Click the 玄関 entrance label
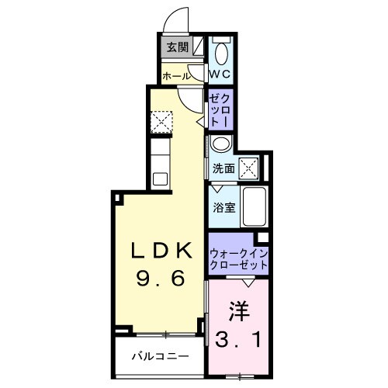177,47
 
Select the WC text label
220,74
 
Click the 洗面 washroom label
224,168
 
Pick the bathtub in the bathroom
254,207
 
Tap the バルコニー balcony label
159,358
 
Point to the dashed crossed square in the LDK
161,122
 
